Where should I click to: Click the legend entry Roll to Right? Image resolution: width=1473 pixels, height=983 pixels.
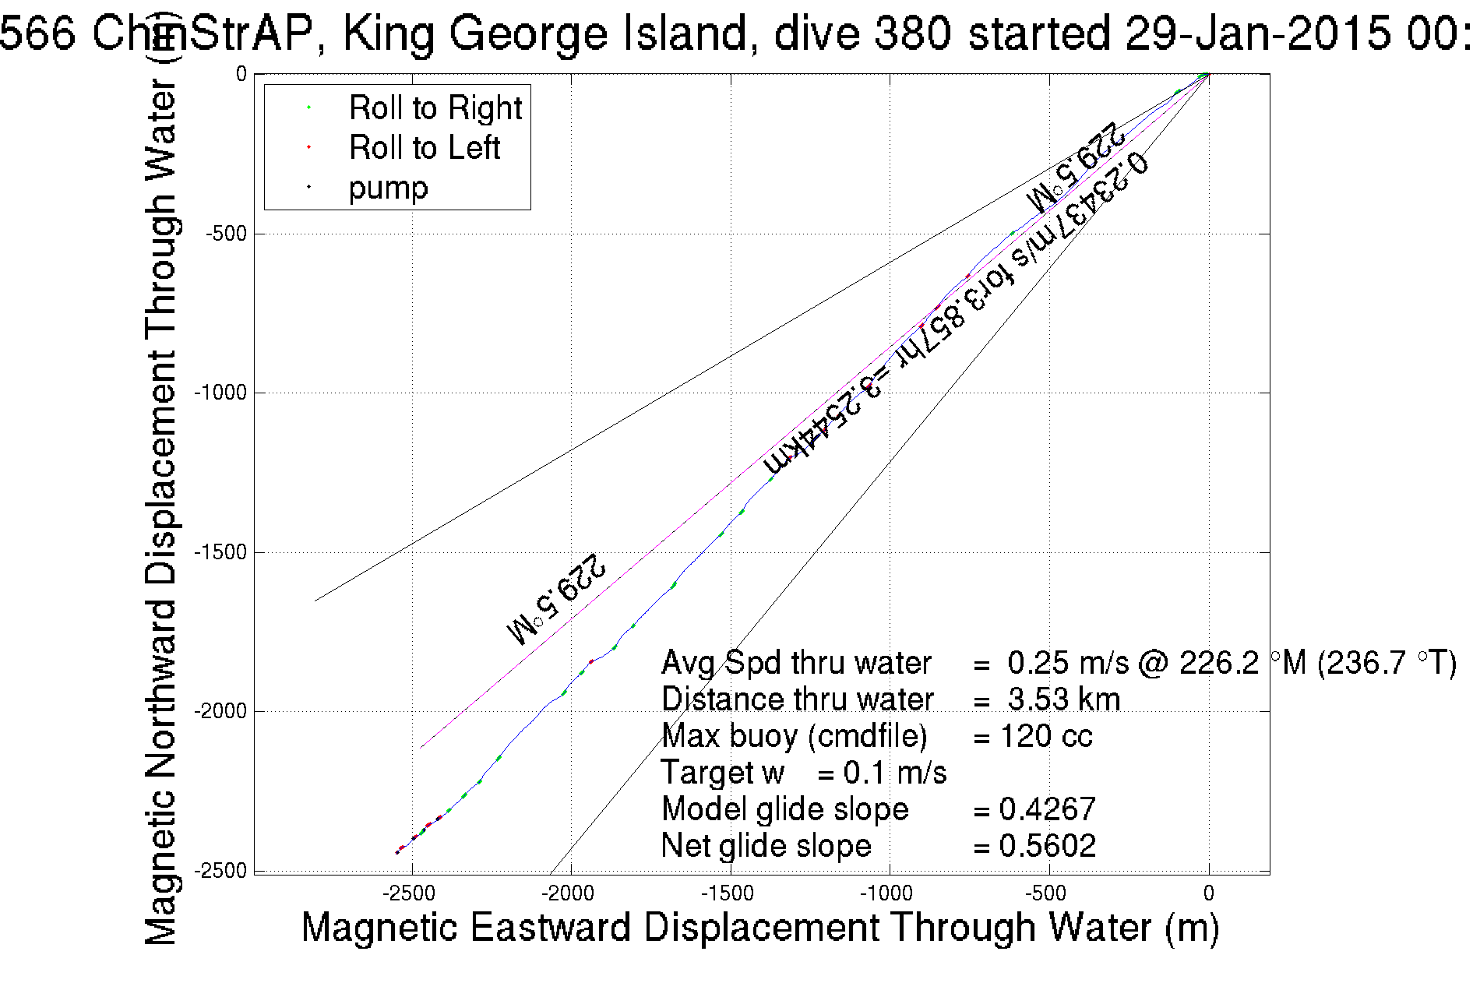point(435,108)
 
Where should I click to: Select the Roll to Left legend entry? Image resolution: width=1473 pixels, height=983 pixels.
point(424,148)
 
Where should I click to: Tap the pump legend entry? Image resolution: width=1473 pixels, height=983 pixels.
point(388,188)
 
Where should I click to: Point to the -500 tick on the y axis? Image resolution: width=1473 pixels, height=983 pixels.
point(226,234)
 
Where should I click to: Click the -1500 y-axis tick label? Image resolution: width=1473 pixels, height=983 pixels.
point(220,552)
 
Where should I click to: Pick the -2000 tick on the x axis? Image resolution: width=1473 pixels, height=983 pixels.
point(570,893)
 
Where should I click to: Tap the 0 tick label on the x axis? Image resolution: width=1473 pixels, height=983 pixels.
point(1208,893)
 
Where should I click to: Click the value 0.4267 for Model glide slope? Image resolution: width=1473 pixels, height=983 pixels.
point(1047,809)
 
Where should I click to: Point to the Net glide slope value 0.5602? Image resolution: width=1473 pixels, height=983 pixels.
point(1047,846)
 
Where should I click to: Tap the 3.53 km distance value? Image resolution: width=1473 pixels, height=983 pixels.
point(1063,699)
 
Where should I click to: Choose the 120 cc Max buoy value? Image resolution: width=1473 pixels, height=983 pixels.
point(1045,736)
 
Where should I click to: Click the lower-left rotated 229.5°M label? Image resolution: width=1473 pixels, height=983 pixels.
point(556,599)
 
